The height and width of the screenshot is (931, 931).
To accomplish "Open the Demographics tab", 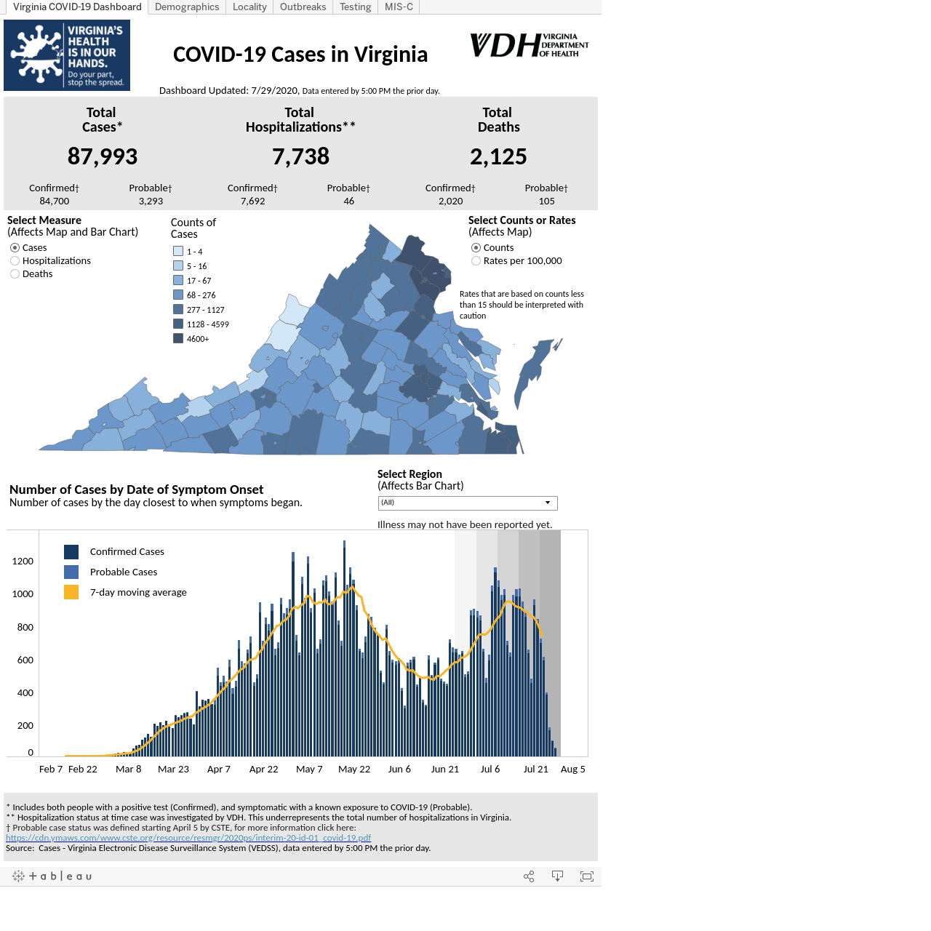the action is click(x=187, y=7).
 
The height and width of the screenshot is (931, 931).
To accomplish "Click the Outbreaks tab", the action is click(x=303, y=7).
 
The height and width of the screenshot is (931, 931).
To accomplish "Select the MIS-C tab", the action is click(x=399, y=7).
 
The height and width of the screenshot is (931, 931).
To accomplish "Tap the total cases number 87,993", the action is click(x=103, y=156).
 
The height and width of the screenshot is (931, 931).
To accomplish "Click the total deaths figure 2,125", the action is click(x=498, y=156).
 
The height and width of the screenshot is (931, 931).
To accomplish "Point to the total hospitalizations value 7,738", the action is click(x=300, y=156).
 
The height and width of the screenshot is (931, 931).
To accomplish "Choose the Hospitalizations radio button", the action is click(x=15, y=261).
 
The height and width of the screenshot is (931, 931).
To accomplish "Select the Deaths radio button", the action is click(x=15, y=274).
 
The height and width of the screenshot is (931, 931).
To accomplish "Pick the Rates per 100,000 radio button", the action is click(x=476, y=261).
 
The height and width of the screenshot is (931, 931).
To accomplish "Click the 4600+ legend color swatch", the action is click(x=178, y=339).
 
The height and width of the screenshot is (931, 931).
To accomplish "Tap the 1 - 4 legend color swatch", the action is click(x=178, y=251).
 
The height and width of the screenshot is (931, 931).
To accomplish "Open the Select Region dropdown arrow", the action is click(x=548, y=503).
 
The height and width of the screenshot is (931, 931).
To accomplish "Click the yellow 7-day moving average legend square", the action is click(x=71, y=592).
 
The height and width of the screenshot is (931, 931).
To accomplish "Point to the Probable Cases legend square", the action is click(x=71, y=572).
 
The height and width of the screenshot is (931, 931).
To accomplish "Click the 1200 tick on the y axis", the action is click(x=23, y=561).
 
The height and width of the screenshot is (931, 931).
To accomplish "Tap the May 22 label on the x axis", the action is click(x=354, y=769).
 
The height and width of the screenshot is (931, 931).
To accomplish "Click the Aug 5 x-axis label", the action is click(x=572, y=769).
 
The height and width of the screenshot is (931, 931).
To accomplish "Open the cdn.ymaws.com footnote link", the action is click(x=188, y=838).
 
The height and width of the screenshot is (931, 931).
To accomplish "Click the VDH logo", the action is click(x=529, y=45).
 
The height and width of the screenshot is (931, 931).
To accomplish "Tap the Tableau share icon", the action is click(x=529, y=876).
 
